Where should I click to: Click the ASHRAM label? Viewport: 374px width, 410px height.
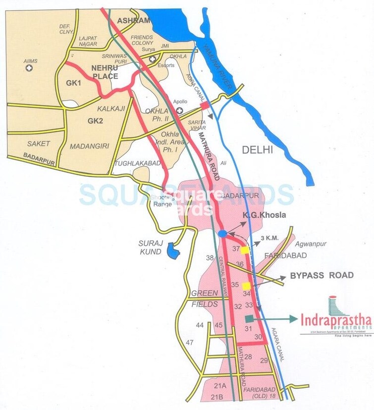(133, 20)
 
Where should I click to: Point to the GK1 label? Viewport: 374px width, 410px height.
(74, 83)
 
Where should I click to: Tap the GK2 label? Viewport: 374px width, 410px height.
(95, 120)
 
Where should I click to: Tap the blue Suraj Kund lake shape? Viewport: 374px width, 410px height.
(172, 250)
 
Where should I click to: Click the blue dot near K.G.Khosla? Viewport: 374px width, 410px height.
(222, 233)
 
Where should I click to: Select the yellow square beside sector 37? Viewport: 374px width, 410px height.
(245, 251)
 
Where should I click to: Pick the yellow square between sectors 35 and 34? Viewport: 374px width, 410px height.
(246, 286)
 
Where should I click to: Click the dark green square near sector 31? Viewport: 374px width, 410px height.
(249, 320)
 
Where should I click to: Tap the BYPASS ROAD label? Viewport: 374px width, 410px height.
(322, 275)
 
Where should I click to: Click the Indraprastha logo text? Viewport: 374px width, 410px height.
(336, 320)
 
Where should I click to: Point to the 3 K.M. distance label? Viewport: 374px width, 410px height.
(269, 238)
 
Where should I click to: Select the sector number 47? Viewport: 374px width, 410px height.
(190, 343)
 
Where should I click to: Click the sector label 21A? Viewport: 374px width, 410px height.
(220, 386)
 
